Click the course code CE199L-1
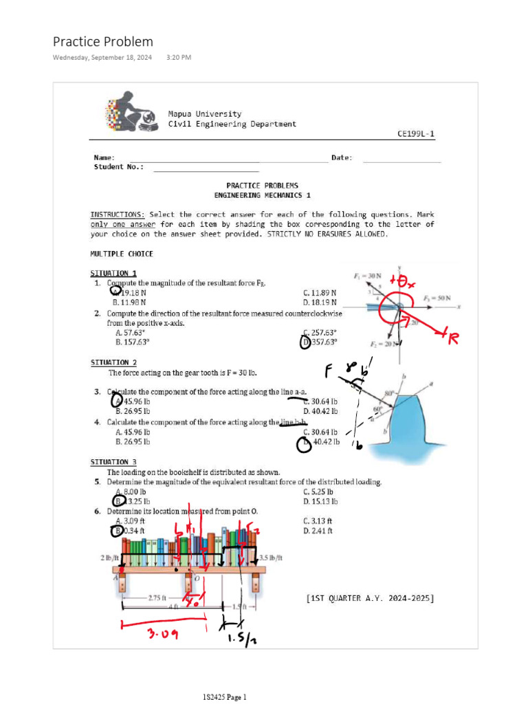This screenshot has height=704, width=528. pyautogui.click(x=416, y=135)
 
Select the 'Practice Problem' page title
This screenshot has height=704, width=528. pyautogui.click(x=103, y=41)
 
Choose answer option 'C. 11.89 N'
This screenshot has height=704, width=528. pyautogui.click(x=320, y=292)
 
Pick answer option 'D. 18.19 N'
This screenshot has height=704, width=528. pyautogui.click(x=320, y=302)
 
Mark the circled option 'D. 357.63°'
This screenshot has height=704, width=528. pyautogui.click(x=320, y=342)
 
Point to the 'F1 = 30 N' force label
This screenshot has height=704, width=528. pyautogui.click(x=368, y=276)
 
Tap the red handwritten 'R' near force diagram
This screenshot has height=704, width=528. pyautogui.click(x=452, y=338)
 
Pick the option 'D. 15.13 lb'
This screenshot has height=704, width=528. pyautogui.click(x=320, y=501)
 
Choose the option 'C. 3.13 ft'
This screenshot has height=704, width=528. pyautogui.click(x=318, y=521)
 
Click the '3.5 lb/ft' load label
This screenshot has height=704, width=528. pyautogui.click(x=271, y=558)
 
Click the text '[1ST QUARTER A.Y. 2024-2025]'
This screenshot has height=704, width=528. pyautogui.click(x=370, y=598)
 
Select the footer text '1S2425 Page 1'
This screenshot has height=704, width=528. pyautogui.click(x=224, y=697)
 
